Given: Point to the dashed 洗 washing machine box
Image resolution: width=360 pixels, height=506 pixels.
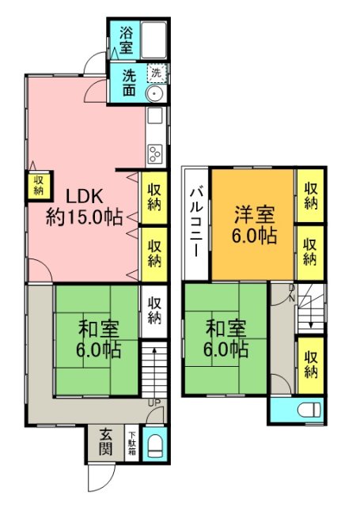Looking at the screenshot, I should point(157,73).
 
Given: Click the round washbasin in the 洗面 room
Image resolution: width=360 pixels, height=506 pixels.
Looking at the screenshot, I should point(156,93).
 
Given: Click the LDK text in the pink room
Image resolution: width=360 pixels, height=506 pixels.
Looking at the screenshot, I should point(83,195).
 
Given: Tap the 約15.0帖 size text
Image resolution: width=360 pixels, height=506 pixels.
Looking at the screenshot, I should point(84,217).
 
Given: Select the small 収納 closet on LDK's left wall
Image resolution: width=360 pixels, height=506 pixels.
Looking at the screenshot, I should point(38,187).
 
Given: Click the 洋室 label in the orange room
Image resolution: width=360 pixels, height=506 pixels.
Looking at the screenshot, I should point(255,213).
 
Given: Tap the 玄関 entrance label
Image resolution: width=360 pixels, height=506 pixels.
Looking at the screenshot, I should point(105,443).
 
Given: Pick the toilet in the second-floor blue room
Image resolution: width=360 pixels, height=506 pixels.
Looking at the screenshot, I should point(310,410).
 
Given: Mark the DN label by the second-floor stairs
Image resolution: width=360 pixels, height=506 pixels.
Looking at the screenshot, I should point(291,293).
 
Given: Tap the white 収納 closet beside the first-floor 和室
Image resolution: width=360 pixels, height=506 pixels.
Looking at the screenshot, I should point(155,309).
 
